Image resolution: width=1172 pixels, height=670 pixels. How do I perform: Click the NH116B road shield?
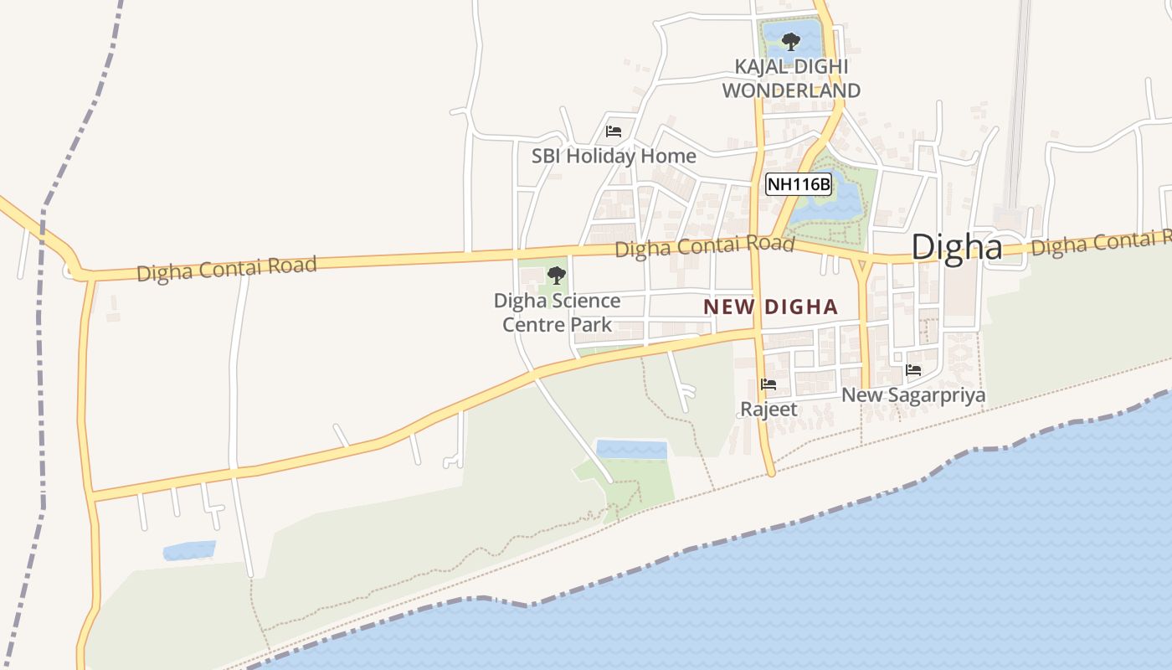pos(799,184)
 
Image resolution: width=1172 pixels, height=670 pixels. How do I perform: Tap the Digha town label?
pos(956,247)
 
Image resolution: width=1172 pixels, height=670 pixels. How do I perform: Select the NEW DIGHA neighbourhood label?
pos(770,307)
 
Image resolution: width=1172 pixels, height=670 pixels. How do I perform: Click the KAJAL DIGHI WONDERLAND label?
pos(791,78)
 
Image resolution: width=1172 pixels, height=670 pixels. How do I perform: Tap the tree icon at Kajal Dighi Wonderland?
pos(790,41)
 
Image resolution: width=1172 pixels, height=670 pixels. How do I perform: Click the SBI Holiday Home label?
pos(614,156)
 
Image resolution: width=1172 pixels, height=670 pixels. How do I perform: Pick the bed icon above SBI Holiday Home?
pos(614,131)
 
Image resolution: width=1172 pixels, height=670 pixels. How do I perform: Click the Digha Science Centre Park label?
pos(557,312)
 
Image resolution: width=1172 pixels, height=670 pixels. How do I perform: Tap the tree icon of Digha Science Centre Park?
pos(556,276)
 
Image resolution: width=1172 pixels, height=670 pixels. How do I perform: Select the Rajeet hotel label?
pos(768,410)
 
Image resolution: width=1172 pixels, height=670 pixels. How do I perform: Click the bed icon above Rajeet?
pos(768,385)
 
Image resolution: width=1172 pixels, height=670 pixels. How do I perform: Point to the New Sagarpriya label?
pos(913,394)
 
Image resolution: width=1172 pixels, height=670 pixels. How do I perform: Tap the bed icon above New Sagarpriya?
pos(913,369)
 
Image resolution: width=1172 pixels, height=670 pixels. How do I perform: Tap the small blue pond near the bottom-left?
pos(189,550)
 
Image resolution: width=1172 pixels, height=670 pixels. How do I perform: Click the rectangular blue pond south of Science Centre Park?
pos(631,450)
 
